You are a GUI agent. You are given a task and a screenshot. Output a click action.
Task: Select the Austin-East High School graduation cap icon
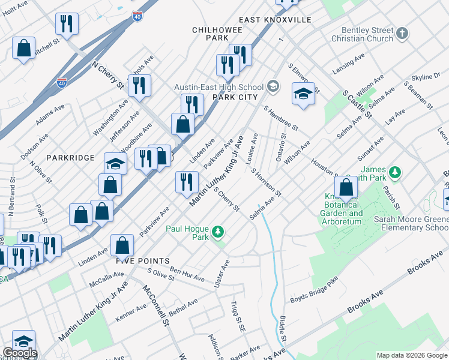tap(274, 87)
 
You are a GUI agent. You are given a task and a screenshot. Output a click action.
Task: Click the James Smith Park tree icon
tap(394, 173)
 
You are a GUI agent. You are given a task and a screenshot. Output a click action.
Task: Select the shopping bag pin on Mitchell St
tap(23, 49)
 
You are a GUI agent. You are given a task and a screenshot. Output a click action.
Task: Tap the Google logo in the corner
tap(19, 353)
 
